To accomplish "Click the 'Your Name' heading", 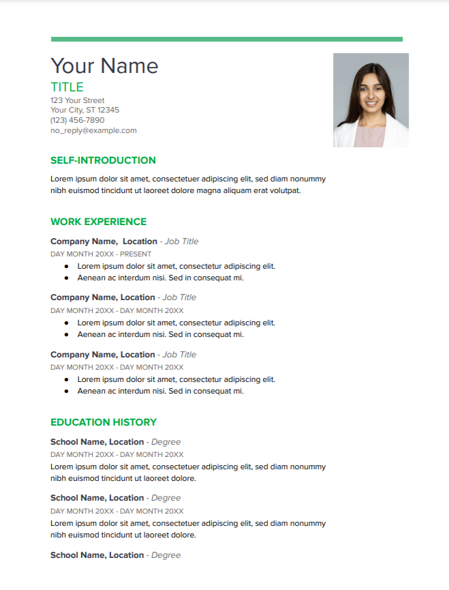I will (104, 65).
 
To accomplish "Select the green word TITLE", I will (67, 87).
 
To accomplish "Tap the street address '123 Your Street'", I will (78, 100).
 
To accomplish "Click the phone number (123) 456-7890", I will (78, 120).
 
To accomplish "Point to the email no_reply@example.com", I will (93, 130).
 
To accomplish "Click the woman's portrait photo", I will (371, 100).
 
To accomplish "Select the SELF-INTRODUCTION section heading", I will (103, 160).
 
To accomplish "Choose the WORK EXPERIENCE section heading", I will (98, 222).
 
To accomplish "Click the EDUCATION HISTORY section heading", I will (104, 422).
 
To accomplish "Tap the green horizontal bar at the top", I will (226, 40).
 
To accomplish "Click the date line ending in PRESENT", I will (101, 254).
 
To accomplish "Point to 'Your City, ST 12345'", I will (84, 110).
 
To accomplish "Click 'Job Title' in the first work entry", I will (181, 241).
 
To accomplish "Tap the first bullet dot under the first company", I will (66, 266).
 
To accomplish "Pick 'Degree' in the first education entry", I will (166, 442).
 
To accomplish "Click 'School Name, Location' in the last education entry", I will (97, 555).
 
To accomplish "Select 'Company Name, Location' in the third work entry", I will (102, 355).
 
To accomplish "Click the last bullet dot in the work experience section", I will (66, 392).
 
